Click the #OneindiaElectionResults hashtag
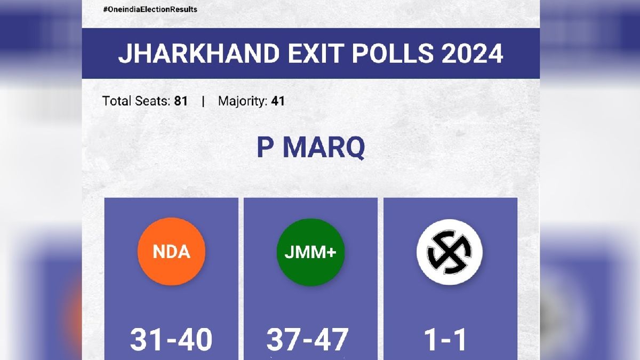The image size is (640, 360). click(x=150, y=10)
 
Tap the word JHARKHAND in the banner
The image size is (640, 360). click(x=199, y=53)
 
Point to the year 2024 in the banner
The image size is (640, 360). click(x=473, y=53)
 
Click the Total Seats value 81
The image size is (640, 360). click(x=181, y=101)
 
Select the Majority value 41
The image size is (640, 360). click(x=278, y=101)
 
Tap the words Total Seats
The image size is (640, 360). click(x=137, y=101)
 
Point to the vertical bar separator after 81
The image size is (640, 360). click(x=203, y=101)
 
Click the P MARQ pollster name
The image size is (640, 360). click(x=311, y=148)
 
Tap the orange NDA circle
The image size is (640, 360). click(x=171, y=252)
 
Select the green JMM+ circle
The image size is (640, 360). click(x=310, y=252)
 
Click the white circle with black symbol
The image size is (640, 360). click(x=450, y=252)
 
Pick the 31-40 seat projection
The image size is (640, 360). click(x=171, y=340)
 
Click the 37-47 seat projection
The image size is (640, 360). click(x=307, y=340)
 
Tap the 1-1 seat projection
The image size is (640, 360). click(x=445, y=340)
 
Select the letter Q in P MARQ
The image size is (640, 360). click(x=354, y=148)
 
